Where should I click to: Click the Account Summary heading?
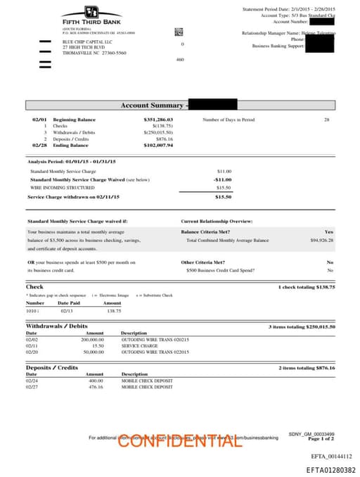(x=146, y=106)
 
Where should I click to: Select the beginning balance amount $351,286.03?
(x=158, y=120)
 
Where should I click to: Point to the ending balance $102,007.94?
(x=158, y=145)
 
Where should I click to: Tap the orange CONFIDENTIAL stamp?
(x=180, y=441)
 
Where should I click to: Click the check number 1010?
(x=32, y=310)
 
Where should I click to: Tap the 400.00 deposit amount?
(x=96, y=381)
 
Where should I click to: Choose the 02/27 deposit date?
(x=32, y=387)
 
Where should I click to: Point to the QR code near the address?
(x=179, y=32)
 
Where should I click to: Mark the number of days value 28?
(x=326, y=120)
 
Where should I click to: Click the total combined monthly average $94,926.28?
(x=321, y=240)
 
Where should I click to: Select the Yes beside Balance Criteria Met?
(x=328, y=231)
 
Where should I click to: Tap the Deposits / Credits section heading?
(x=52, y=368)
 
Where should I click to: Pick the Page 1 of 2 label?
(x=320, y=439)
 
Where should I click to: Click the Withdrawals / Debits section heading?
(x=57, y=326)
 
